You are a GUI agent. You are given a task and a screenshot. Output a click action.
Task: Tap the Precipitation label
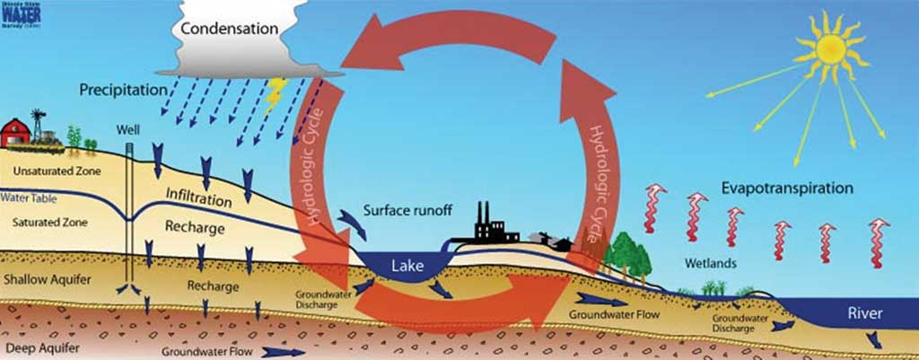pos(123,91)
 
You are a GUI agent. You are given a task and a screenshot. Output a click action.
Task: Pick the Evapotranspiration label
pos(787,189)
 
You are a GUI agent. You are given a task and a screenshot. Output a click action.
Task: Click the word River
pos(865,313)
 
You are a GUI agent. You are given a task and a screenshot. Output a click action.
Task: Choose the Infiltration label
pos(198,194)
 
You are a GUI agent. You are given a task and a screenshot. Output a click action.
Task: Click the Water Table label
pos(29,197)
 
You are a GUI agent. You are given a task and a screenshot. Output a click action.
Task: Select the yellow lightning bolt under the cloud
pos(275,91)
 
